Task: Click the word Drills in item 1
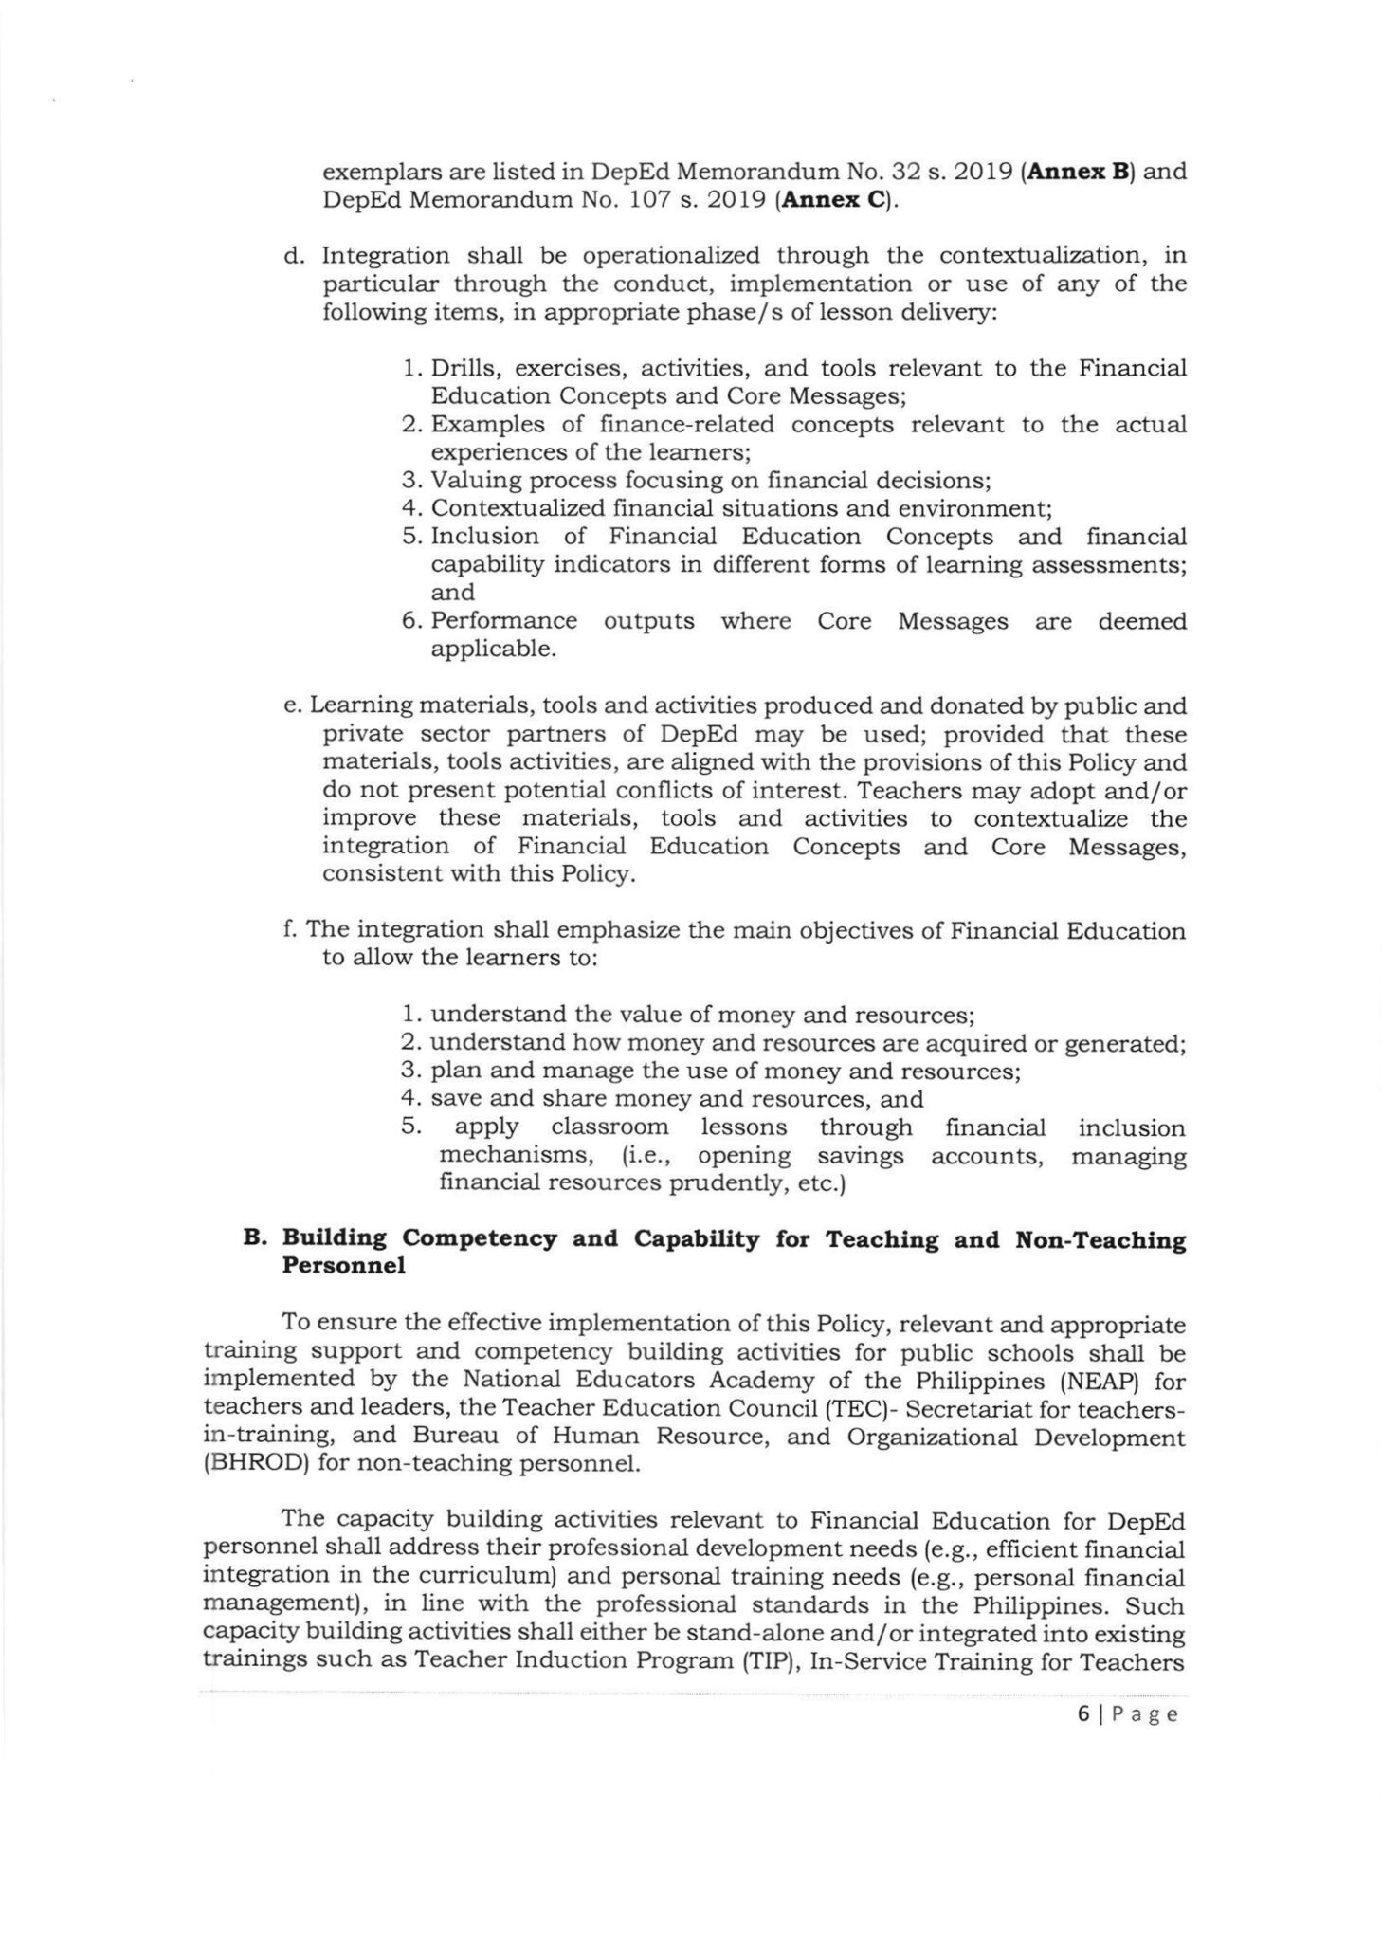point(463,368)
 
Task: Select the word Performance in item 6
point(503,621)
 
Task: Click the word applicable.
point(493,650)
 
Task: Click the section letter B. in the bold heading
point(251,1239)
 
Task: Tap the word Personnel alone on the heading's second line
point(344,1267)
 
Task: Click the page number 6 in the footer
point(1082,1714)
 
